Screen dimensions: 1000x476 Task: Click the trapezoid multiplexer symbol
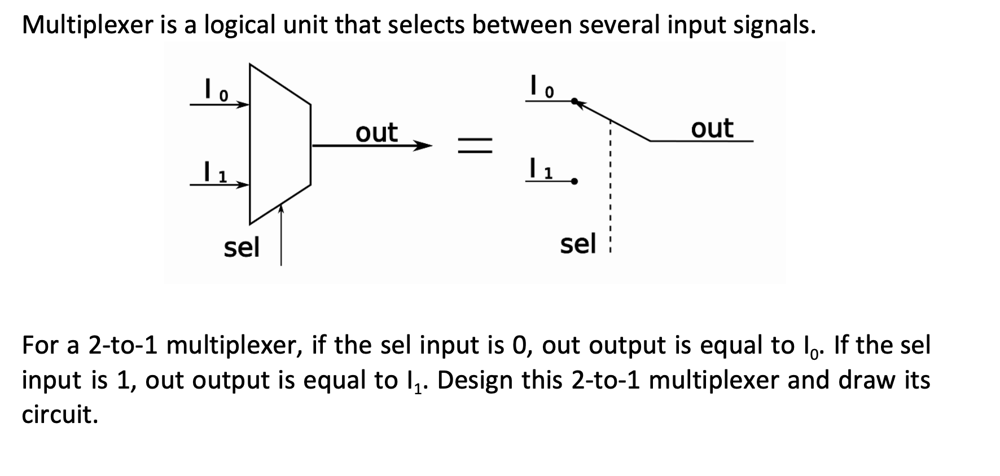click(x=279, y=144)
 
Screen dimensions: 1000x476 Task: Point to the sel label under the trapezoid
click(x=241, y=247)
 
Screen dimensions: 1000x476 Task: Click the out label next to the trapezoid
click(x=376, y=133)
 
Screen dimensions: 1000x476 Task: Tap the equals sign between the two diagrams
click(x=475, y=146)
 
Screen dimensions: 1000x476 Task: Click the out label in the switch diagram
click(x=712, y=128)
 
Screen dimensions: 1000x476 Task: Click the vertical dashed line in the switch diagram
click(x=611, y=186)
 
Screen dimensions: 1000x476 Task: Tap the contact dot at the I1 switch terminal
click(x=574, y=182)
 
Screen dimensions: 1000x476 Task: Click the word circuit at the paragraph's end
click(x=59, y=415)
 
